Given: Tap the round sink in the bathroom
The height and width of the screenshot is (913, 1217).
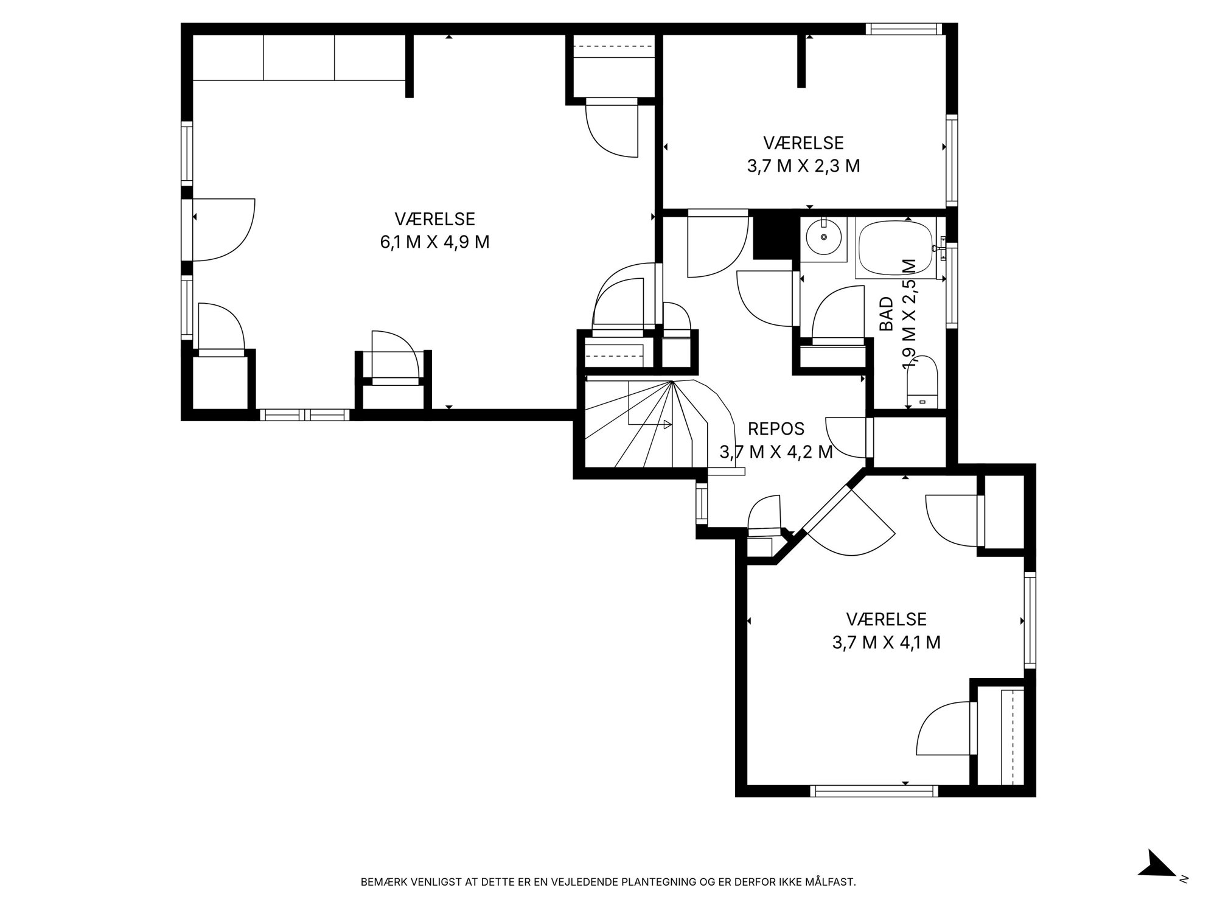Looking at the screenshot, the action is tap(824, 237).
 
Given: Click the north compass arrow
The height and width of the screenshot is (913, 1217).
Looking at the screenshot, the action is tap(1157, 881).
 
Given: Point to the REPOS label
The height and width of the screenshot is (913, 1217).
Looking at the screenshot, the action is tap(776, 429).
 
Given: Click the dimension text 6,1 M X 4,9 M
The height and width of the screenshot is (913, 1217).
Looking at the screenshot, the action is tap(434, 242).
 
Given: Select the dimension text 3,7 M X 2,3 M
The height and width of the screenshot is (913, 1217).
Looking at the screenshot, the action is tap(803, 166).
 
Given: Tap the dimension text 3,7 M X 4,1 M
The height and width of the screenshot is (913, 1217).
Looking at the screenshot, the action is tap(886, 643).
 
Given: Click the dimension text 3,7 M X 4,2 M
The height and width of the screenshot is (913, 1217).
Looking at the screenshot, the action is tap(776, 452).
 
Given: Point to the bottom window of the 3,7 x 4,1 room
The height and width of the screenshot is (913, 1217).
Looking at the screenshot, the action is tap(874, 791).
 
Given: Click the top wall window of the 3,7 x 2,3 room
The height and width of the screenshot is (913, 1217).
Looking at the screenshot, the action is tap(904, 29).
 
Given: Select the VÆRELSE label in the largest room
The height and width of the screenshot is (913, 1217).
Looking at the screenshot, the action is tap(434, 219).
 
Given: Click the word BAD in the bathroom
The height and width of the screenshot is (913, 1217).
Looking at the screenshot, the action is tap(887, 313).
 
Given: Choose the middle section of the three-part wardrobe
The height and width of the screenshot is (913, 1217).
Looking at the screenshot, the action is tap(299, 57).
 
